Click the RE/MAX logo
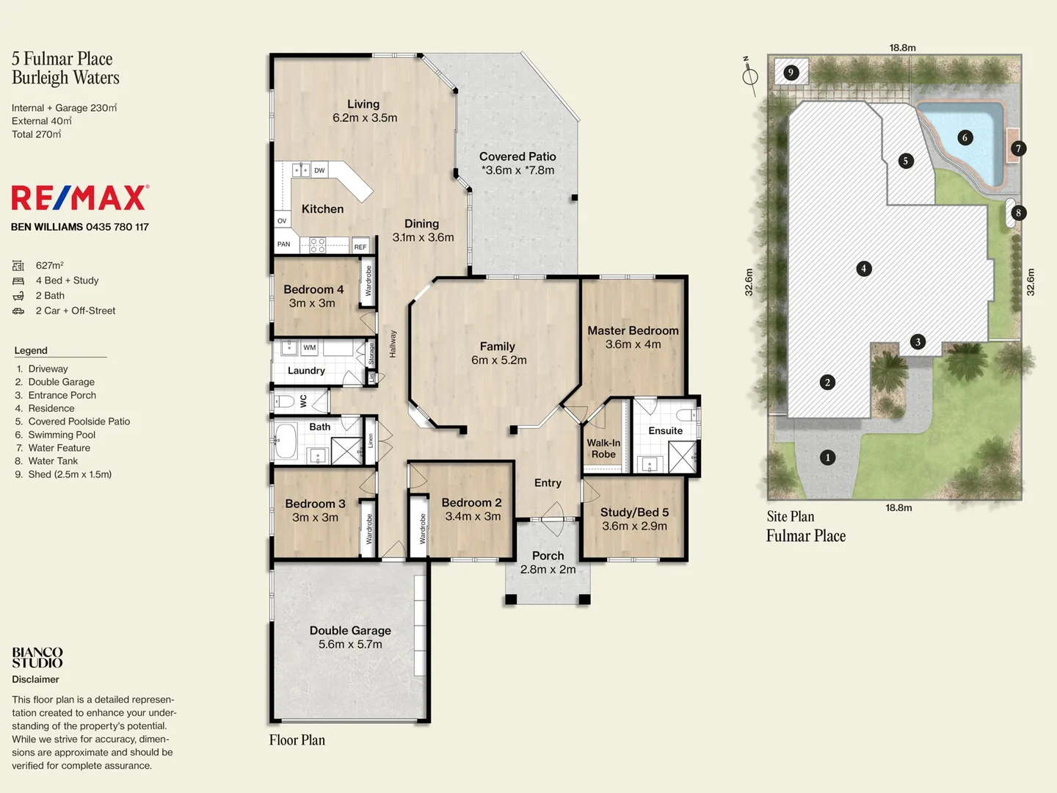[80, 198]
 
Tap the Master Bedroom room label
[633, 330]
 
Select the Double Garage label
[350, 630]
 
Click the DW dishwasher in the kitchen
[320, 170]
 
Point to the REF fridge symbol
[360, 246]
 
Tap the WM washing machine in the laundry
[309, 347]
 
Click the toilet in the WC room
[285, 401]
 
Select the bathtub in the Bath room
[286, 440]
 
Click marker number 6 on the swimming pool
[965, 138]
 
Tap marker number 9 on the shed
[791, 73]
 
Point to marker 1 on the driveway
[828, 457]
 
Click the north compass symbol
[749, 76]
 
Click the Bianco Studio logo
[37, 657]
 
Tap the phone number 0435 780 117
[117, 227]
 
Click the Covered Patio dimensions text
[517, 170]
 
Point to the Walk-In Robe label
[603, 448]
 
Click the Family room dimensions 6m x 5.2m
[499, 360]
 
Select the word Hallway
[393, 344]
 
